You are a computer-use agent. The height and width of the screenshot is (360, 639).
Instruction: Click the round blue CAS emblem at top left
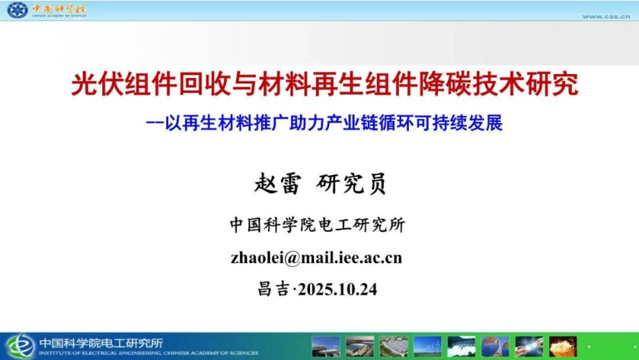coord(17,10)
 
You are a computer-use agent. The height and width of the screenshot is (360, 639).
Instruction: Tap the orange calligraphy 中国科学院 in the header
coord(59,9)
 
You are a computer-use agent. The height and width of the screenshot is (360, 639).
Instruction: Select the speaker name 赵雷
coord(277,183)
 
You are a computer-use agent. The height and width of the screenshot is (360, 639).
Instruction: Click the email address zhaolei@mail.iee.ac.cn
coord(316,258)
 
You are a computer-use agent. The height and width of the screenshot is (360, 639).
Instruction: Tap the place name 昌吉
coord(273,290)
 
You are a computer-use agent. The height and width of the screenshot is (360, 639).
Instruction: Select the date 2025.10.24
coord(338,290)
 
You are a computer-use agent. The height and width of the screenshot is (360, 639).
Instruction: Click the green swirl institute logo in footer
coord(20,346)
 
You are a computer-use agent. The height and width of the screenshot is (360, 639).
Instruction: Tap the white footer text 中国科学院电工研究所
coord(101,342)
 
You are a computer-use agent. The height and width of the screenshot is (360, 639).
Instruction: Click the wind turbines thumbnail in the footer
coord(428,346)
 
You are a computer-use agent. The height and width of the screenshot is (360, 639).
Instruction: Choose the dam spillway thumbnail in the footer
coord(461,346)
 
